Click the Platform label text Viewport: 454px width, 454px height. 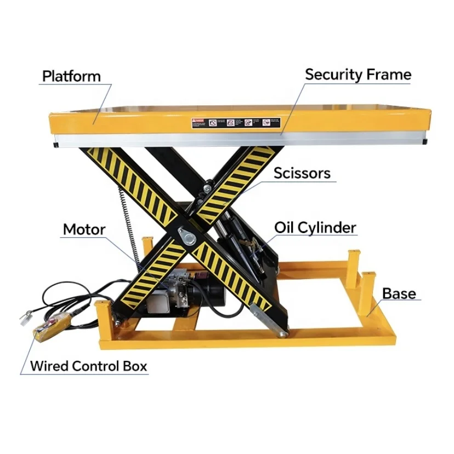[71, 76]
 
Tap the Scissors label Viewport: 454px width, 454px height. [302, 174]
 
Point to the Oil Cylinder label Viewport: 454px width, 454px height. [315, 227]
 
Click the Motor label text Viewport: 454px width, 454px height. [84, 229]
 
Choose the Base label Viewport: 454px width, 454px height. [399, 293]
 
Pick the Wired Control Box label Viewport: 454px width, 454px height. [88, 366]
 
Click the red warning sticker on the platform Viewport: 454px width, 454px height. [197, 122]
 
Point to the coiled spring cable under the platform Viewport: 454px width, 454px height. [127, 219]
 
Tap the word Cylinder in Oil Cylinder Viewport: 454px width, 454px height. [330, 227]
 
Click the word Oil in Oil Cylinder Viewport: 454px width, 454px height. [285, 227]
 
